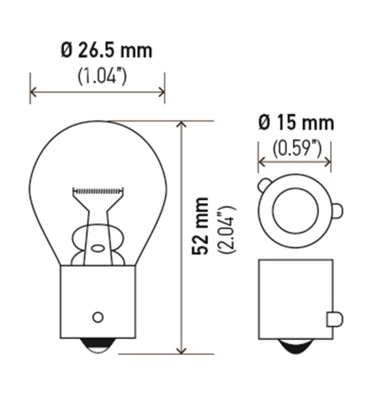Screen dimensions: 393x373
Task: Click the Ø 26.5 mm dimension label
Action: (x=106, y=51)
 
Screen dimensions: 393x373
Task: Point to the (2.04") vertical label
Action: (x=228, y=228)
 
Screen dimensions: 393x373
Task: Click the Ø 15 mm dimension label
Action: (x=296, y=123)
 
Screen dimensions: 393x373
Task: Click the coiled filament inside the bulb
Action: (x=98, y=191)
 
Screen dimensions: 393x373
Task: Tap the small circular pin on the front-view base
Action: (x=97, y=317)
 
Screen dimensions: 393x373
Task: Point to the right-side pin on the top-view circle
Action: (x=337, y=211)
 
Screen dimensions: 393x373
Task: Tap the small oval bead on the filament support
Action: (x=98, y=248)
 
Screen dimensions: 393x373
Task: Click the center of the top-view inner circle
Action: (x=295, y=211)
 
